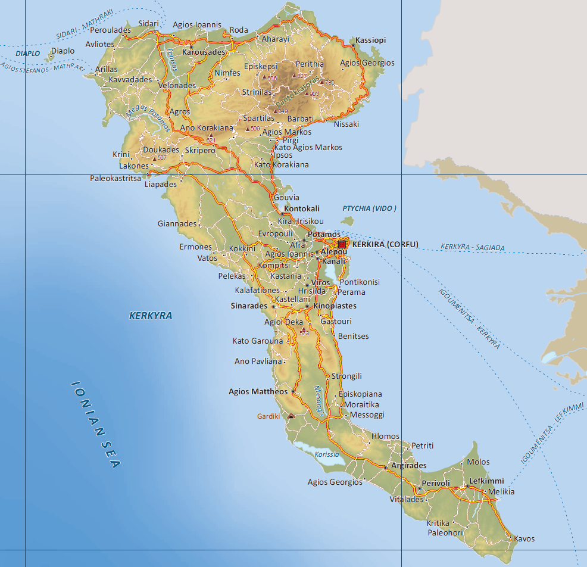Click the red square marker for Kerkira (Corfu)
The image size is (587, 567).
342,244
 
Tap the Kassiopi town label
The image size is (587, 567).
371,40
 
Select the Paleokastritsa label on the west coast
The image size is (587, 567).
115,178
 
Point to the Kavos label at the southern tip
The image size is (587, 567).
524,539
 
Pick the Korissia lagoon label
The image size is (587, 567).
327,454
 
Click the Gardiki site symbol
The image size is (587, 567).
291,416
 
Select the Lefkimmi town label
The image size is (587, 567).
486,481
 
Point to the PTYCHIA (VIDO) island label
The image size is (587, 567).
369,208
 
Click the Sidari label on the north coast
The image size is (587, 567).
148,23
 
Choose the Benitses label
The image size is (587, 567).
353,336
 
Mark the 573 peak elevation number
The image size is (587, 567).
305,333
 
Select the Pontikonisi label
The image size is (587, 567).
359,282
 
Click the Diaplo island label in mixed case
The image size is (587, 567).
63,51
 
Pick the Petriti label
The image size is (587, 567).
423,445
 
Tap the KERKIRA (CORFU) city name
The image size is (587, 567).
386,244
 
